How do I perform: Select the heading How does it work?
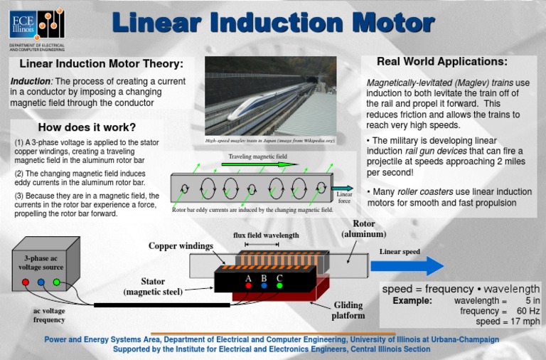[x=87, y=128]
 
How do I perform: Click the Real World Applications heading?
[x=441, y=62]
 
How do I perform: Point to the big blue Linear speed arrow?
[x=406, y=266]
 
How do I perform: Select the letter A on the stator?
[x=248, y=277]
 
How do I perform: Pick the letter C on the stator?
[x=279, y=277]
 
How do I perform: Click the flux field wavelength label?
[x=266, y=235]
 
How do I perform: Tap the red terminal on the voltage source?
[x=26, y=282]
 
